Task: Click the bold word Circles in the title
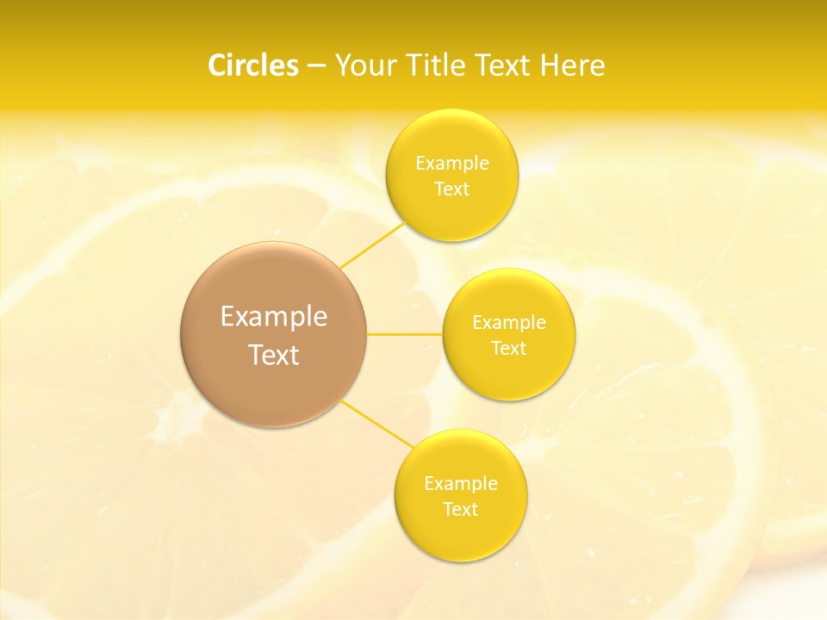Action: tap(252, 65)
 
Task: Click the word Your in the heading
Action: tap(363, 65)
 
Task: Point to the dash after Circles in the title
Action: tap(316, 66)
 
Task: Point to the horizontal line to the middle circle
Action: tap(405, 333)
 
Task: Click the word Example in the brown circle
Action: tap(274, 317)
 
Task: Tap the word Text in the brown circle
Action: tap(274, 355)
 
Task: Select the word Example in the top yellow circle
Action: tap(452, 163)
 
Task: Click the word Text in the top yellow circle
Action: tap(452, 189)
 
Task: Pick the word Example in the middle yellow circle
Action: tap(509, 323)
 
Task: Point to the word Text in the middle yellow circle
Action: tap(509, 348)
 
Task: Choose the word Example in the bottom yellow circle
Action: tap(461, 483)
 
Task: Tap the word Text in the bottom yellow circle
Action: tap(461, 509)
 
